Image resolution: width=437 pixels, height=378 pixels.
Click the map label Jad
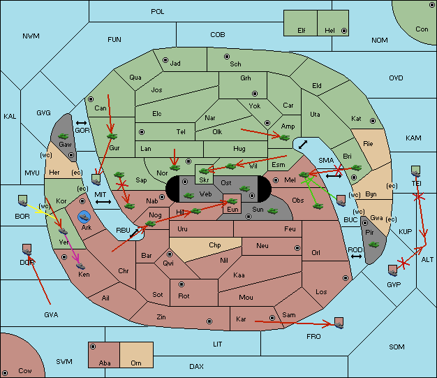[x=175, y=64]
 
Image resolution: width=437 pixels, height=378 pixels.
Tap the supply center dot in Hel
[x=344, y=31]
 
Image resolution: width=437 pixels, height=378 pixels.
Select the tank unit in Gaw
[x=64, y=136]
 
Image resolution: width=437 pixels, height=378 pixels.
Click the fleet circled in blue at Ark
[x=84, y=217]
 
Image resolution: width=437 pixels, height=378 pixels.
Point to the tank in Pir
[x=373, y=245]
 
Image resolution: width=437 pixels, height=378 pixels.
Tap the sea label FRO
[x=313, y=337]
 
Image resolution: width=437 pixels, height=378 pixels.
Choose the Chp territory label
[x=215, y=245]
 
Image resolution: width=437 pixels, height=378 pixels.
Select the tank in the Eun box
[x=232, y=201]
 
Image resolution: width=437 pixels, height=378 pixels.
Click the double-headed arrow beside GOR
[x=81, y=123]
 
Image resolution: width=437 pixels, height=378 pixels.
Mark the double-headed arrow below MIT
[x=103, y=202]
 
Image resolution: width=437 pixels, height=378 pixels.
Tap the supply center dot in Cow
[x=5, y=372]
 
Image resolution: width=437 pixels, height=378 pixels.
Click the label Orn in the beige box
[x=136, y=363]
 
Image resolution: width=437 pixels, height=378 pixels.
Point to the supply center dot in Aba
[x=93, y=347]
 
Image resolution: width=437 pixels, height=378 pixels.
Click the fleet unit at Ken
[x=80, y=266]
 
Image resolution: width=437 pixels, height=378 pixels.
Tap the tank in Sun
[x=272, y=211]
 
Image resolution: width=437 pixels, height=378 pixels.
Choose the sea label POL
[x=158, y=12]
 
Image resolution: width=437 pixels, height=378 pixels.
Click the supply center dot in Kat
[x=373, y=121]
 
